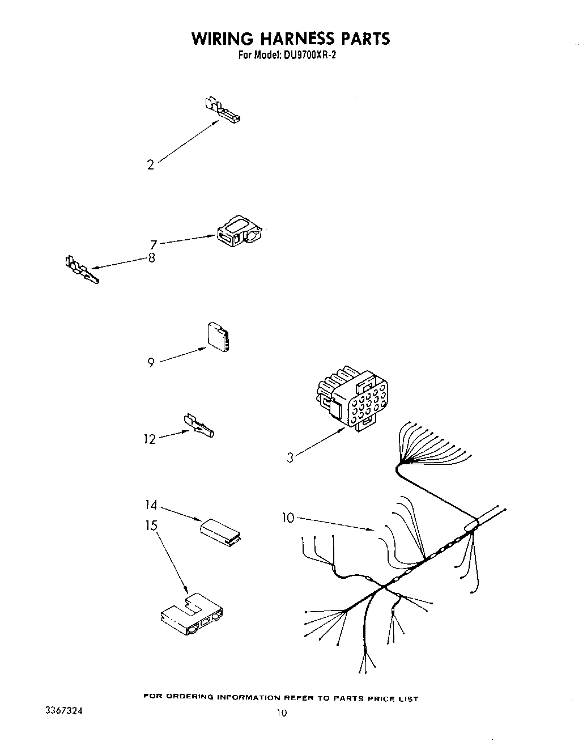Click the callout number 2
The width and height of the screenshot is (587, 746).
tap(150, 165)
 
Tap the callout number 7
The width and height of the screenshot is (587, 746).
tap(153, 245)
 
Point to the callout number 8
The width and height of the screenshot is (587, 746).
tap(151, 258)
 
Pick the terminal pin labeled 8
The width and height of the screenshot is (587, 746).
tap(81, 270)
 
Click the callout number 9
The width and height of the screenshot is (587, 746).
tap(151, 363)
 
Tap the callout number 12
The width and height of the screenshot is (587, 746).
tap(149, 439)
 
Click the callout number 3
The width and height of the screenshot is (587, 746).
tap(290, 457)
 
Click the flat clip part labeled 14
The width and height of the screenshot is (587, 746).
tap(220, 532)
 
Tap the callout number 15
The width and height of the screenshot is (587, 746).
tap(150, 525)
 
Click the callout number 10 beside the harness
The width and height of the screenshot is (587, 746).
tap(288, 518)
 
